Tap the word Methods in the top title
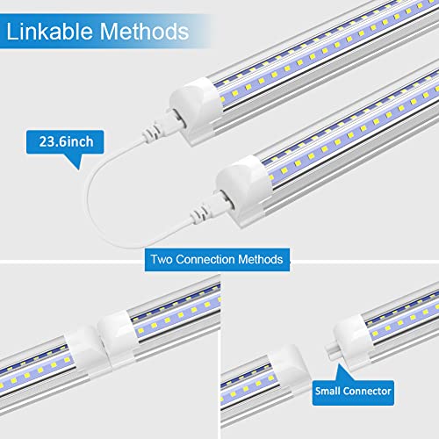point(143,33)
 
